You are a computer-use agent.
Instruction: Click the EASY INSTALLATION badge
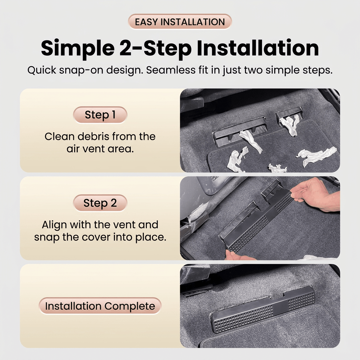[x=180, y=22]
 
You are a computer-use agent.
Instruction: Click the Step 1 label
[x=100, y=115]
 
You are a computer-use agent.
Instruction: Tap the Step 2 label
[x=100, y=203]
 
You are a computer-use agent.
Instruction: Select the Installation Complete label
[x=100, y=306]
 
